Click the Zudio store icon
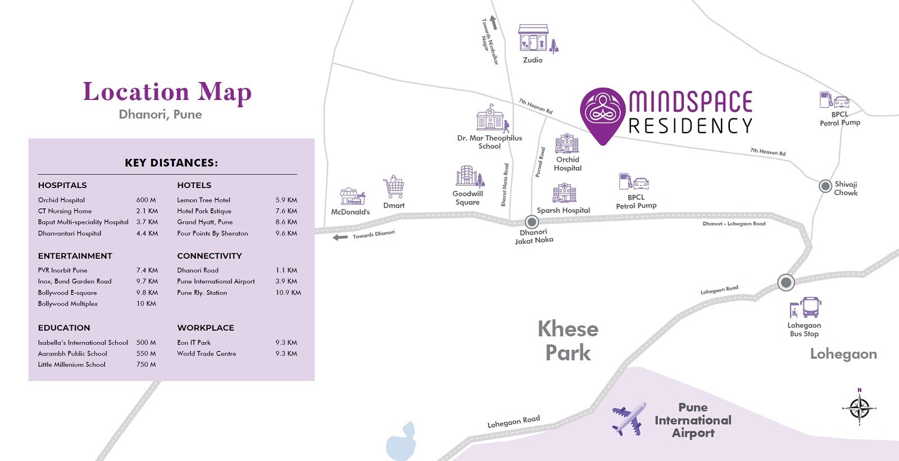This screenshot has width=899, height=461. (x=533, y=38)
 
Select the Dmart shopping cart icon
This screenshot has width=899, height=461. (x=394, y=187)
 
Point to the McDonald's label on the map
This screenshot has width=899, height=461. (x=350, y=212)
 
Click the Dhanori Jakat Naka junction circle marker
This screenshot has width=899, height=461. (x=532, y=222)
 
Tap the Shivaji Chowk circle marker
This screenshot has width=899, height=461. (x=825, y=186)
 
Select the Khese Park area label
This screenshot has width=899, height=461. (x=567, y=340)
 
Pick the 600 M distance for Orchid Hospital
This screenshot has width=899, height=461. (x=146, y=200)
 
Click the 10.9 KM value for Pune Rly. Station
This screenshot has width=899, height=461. (x=288, y=293)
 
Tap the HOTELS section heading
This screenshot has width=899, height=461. (x=194, y=185)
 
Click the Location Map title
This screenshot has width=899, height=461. (x=167, y=92)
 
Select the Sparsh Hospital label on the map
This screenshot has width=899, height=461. (x=563, y=211)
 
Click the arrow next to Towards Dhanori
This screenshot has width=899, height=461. (x=340, y=237)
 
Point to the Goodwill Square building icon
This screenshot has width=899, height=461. (x=468, y=176)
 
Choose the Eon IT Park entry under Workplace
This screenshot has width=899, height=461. (x=194, y=343)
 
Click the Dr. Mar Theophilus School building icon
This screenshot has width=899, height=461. (x=491, y=118)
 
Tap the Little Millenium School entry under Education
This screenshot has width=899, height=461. (x=71, y=364)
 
